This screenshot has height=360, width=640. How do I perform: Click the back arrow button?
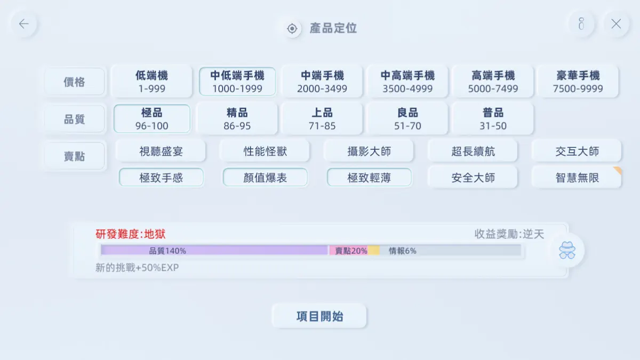[x=23, y=23]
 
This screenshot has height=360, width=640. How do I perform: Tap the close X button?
[x=616, y=23]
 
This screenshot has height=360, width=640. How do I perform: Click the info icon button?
[x=581, y=23]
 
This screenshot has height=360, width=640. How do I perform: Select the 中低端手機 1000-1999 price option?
[x=237, y=82]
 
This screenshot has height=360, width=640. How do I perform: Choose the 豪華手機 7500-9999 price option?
[x=578, y=82]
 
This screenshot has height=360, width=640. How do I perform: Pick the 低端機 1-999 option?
[x=151, y=82]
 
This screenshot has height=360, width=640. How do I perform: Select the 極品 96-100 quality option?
[x=151, y=118]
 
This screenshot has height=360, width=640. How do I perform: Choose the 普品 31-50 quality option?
[x=493, y=118]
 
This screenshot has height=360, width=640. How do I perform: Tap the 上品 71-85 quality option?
[x=322, y=118]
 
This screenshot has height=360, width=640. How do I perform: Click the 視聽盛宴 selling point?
[x=161, y=151]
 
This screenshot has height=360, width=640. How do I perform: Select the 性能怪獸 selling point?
[x=265, y=151]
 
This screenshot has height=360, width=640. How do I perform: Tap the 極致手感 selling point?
[x=161, y=178]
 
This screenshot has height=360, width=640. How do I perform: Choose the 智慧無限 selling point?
[x=577, y=178]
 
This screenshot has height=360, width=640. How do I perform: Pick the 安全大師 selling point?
[x=473, y=178]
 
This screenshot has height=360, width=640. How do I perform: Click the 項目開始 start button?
[x=319, y=316]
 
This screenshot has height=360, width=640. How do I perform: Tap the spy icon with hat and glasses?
[x=567, y=250]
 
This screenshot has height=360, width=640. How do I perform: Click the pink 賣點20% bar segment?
[x=349, y=251]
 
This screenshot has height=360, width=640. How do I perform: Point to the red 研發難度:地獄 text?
[x=130, y=234]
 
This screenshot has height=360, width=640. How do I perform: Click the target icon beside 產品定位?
[x=292, y=29]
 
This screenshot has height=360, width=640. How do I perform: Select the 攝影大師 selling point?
[x=369, y=151]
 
